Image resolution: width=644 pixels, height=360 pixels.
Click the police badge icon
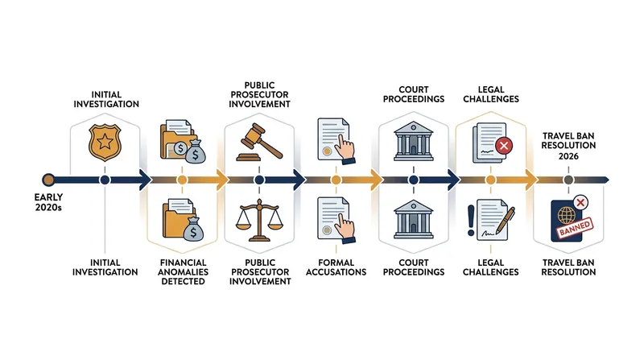tap(105, 143)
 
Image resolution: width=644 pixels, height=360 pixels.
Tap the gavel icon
tap(259, 143)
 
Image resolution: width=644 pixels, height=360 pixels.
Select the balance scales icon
tap(259, 220)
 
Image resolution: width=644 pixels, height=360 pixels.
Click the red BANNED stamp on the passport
tap(575, 227)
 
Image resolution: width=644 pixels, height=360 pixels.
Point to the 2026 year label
tap(568, 156)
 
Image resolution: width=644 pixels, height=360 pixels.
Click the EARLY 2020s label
tap(48, 202)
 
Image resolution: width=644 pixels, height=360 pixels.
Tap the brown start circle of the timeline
tap(48, 180)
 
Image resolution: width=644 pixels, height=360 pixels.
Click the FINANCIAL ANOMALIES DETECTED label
tap(183, 271)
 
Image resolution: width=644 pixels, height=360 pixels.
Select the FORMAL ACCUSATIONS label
tap(336, 267)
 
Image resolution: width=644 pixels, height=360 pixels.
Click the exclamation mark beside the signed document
tap(471, 221)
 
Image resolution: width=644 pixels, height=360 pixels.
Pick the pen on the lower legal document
tap(506, 219)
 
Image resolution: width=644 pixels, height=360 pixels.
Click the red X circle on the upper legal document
tap(504, 146)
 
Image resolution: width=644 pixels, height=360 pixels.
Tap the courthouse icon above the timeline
tap(413, 141)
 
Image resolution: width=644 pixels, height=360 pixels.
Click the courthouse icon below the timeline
tap(413, 219)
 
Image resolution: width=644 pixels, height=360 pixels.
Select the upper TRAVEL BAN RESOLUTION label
tap(568, 141)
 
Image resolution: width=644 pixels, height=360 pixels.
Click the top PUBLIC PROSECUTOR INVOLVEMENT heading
tap(259, 95)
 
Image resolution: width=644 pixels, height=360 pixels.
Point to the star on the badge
tap(105, 142)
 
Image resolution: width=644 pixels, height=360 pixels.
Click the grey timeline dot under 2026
tap(568, 180)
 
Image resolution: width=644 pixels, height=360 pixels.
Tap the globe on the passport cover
tap(567, 215)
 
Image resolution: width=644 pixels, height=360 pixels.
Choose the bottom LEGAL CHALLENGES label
tap(491, 267)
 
